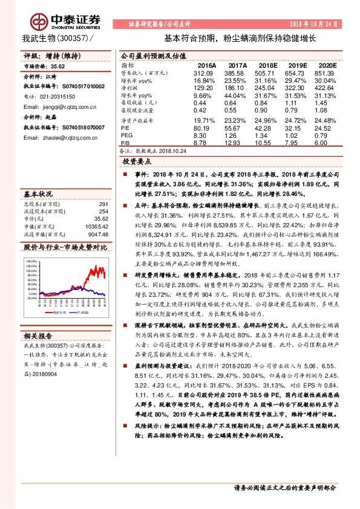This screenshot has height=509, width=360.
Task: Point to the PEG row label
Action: [127, 135]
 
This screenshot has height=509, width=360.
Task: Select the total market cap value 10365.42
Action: [96, 227]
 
